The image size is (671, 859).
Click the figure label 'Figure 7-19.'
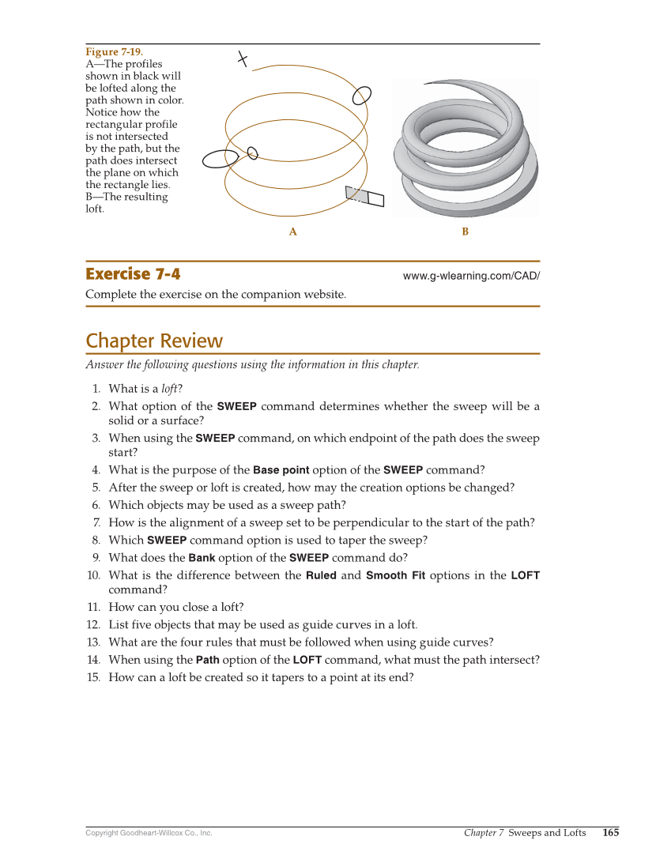coord(114,52)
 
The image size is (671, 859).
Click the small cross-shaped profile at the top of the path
coord(243,59)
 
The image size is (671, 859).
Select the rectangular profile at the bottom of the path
coord(364,197)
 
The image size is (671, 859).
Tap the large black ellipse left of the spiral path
coord(215,160)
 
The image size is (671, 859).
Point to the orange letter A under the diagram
coord(292,232)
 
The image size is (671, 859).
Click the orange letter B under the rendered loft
coord(465,232)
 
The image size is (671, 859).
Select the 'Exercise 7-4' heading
coord(133,274)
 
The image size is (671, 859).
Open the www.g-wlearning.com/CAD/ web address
coord(471,276)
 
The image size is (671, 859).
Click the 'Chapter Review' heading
coord(154,341)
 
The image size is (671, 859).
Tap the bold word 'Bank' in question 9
coord(202,557)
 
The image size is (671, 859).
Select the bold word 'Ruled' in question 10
coord(321,575)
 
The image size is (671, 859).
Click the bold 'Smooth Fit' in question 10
coord(395,575)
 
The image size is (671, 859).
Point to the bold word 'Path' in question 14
coord(207,660)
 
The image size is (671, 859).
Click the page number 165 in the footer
coord(610,832)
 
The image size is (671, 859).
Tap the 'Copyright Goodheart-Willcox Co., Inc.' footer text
coord(149,833)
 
